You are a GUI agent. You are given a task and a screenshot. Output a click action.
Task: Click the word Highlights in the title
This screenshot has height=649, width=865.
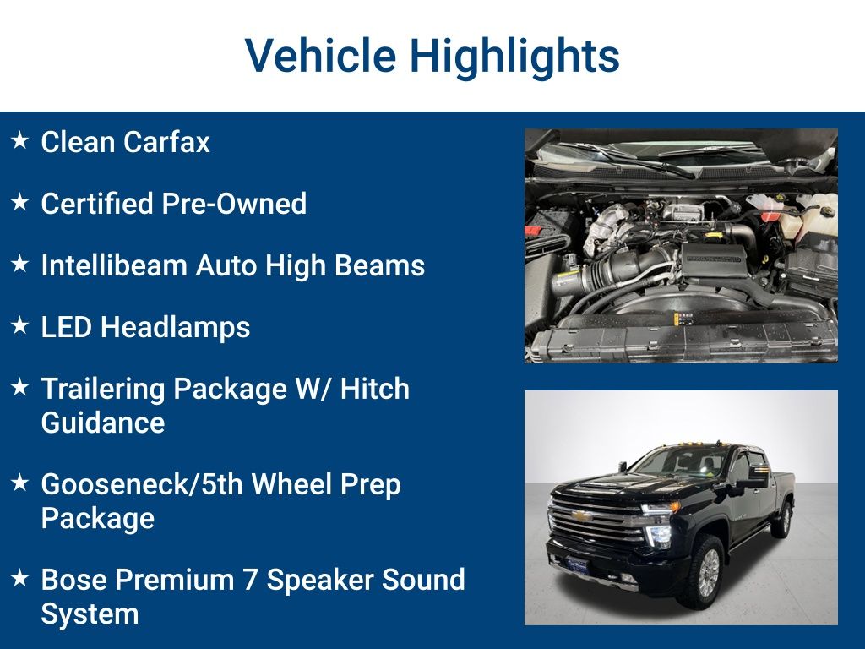click(x=515, y=56)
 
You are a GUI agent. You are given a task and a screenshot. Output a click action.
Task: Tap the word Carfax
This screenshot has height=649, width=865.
click(x=167, y=142)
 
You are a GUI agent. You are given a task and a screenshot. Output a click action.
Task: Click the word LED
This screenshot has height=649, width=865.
click(x=66, y=327)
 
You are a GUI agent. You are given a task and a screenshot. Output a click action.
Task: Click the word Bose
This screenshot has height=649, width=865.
click(x=73, y=580)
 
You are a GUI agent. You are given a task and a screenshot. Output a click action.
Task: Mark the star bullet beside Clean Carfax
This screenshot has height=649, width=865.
click(x=19, y=140)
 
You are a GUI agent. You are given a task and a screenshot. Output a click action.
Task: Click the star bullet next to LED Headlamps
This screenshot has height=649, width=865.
click(x=19, y=325)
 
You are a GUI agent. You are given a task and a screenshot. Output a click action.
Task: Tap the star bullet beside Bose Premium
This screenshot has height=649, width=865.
click(x=19, y=578)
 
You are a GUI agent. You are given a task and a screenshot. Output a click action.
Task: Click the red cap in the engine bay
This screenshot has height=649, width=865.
click(x=770, y=215)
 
